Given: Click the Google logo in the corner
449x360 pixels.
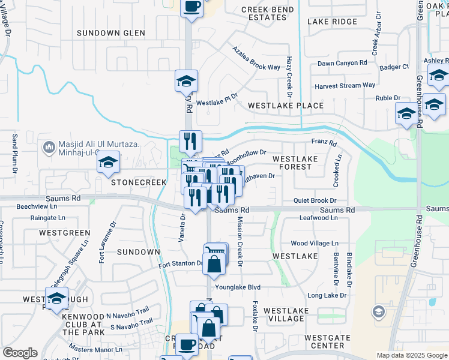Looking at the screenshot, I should coord(20,353).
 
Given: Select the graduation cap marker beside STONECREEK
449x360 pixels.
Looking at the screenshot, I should coord(108,164).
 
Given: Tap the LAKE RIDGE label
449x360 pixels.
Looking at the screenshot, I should coord(332,22).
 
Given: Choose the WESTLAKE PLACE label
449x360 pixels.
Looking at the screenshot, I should coord(286,106).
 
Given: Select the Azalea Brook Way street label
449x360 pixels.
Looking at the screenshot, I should coord(256,58).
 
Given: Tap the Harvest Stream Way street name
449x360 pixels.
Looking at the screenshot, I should coord(345,86).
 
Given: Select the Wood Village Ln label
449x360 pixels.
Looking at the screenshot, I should coord(315,244).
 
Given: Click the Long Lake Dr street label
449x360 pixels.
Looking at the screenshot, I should coord(327,295).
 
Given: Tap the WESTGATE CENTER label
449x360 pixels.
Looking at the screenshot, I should coord(327,342).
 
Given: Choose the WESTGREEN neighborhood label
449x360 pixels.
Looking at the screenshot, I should coord(64,232).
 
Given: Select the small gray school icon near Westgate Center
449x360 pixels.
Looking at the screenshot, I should coord(378,311).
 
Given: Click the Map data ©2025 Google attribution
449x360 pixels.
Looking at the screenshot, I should coord(411,355).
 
